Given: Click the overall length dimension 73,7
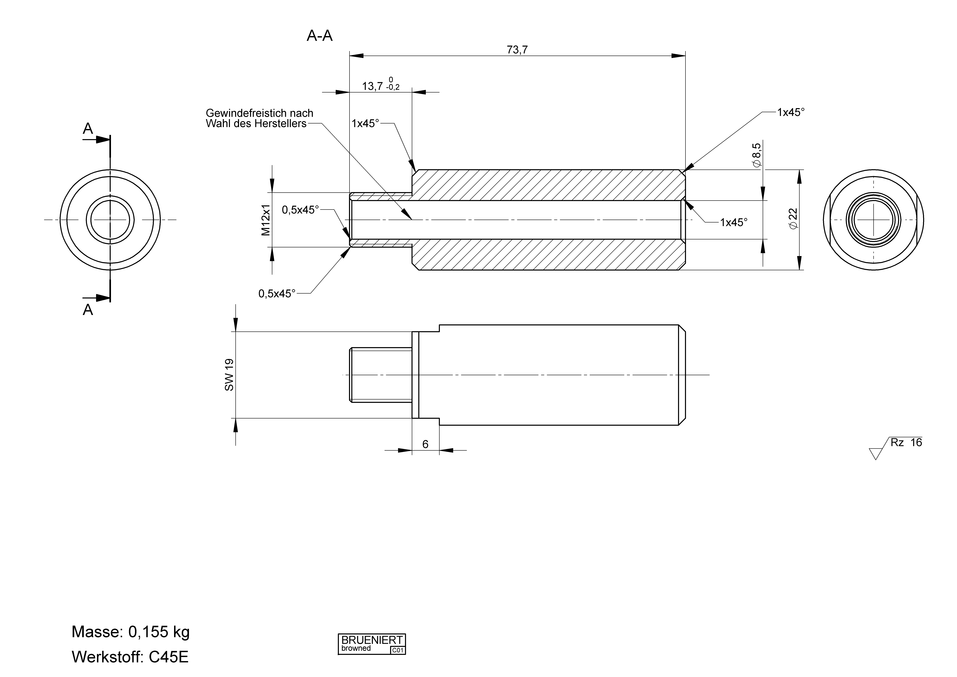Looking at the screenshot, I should coord(517,50).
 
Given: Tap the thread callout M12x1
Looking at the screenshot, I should coord(266,220).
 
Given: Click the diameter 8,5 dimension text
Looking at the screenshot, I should coord(756,155).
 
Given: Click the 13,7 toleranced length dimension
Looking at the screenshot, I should coord(372,86).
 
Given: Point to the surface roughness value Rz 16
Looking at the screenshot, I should coord(906,442).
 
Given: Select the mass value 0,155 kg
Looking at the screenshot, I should coord(159,632).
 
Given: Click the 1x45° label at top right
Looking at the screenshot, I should coord(791,112).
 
